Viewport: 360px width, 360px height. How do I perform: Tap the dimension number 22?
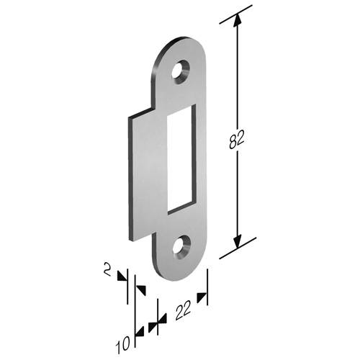(184, 310)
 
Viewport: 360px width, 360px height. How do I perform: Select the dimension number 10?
(124, 344)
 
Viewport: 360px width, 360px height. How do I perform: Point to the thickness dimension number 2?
(108, 269)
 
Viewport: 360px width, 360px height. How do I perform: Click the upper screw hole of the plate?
(181, 71)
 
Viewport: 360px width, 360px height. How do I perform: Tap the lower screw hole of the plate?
(181, 247)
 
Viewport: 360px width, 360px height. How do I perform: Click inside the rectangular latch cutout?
(179, 159)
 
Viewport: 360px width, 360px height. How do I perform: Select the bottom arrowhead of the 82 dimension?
(238, 240)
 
